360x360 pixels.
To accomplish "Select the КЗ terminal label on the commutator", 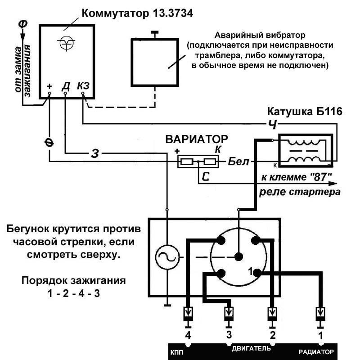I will coord(83,85).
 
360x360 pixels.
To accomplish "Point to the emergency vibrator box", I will coord(155,62).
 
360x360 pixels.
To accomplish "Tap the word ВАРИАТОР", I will coord(196,139).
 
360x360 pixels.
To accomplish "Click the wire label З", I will coord(94,153).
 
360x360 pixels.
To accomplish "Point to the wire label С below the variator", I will coord(206,177).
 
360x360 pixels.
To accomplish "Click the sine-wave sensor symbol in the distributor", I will coord(167,257).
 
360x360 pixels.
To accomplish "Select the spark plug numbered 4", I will coord(188,315).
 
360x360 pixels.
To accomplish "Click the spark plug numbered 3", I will coord(229,315).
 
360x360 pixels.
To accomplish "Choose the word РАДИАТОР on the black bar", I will coord(317,351).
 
